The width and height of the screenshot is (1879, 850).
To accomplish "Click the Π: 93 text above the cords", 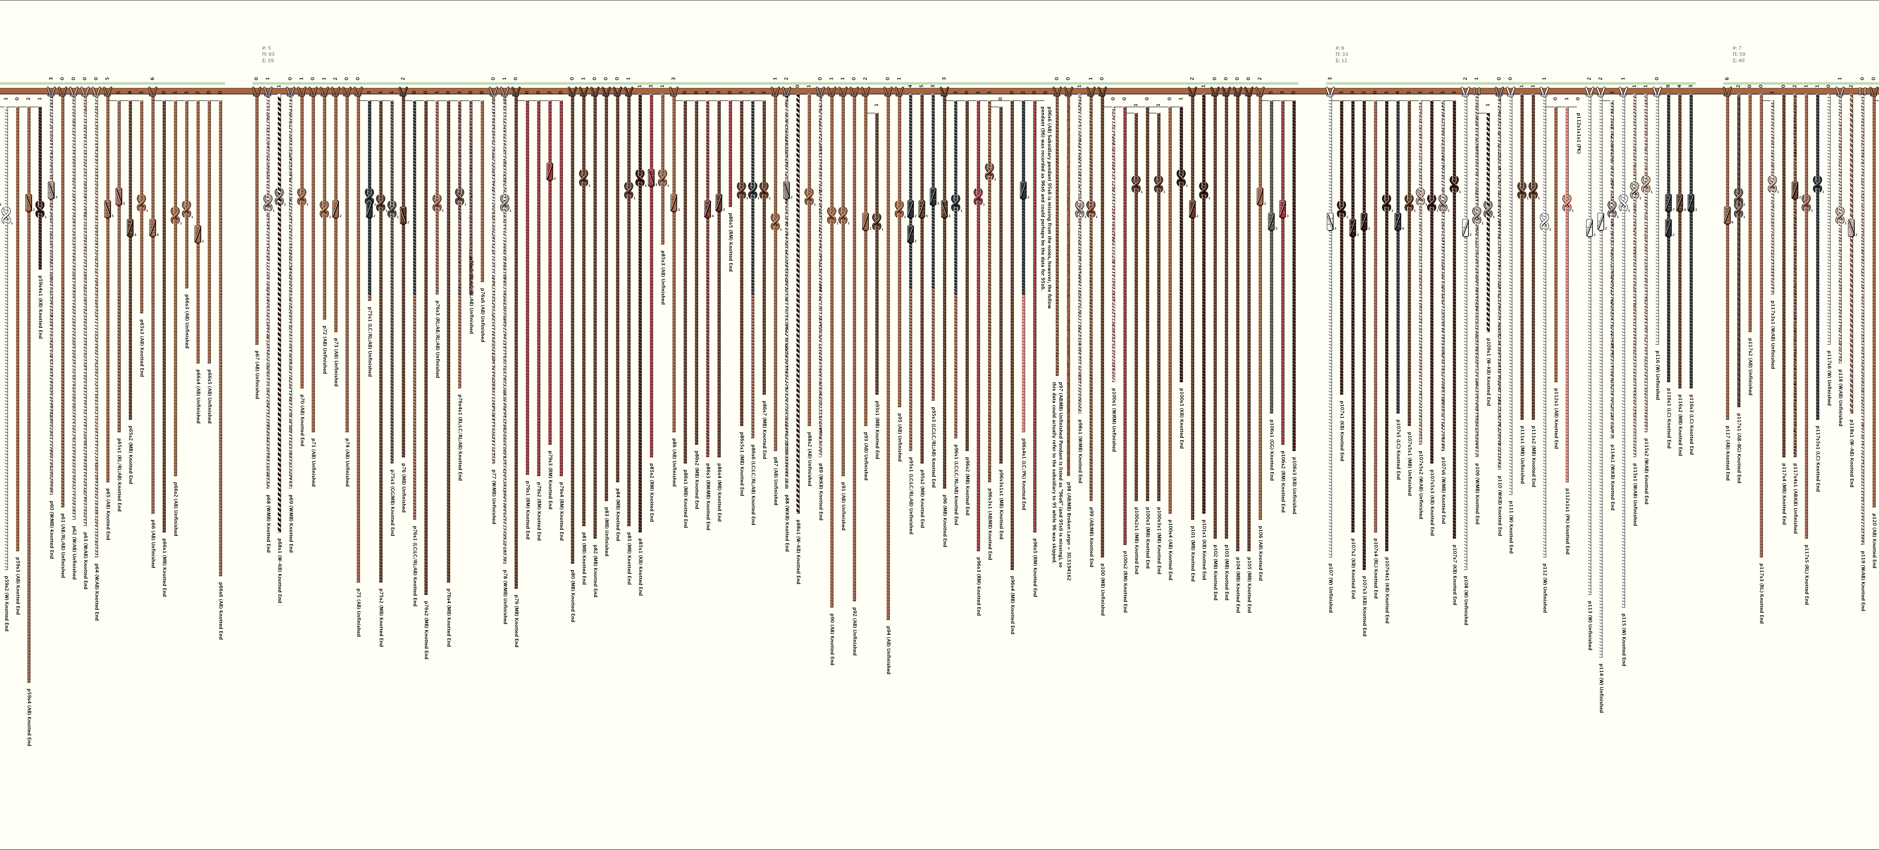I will (x=268, y=54).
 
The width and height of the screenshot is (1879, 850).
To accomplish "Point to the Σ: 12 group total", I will (x=1341, y=60).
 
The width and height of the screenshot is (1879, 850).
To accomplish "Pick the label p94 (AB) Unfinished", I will (x=888, y=649).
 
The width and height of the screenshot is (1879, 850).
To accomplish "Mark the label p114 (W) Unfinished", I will (x=1601, y=687).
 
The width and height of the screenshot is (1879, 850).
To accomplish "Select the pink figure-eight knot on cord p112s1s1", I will (x=1567, y=202).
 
